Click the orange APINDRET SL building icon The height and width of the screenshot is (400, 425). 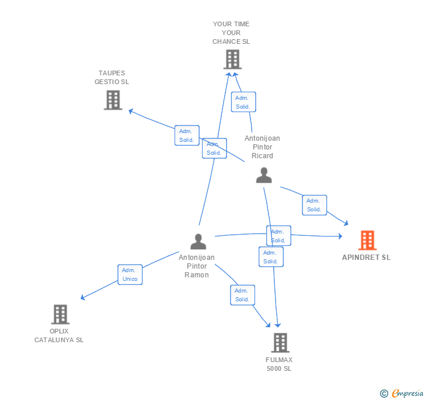click(x=367, y=240)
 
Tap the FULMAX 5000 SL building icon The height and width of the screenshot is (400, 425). click(x=280, y=343)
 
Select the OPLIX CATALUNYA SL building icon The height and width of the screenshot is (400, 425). click(x=60, y=314)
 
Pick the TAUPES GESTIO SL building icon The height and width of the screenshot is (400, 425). click(x=113, y=100)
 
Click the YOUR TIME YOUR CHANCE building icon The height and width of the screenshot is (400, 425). click(x=232, y=59)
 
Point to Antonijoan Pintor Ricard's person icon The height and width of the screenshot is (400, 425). click(x=264, y=175)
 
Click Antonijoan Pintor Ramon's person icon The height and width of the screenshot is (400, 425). click(x=198, y=241)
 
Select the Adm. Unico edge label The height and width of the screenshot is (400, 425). click(x=130, y=274)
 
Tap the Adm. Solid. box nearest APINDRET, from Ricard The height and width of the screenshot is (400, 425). click(x=314, y=205)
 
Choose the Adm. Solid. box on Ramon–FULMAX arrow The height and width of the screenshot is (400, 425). click(x=242, y=295)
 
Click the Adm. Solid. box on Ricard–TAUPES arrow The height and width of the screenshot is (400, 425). click(x=187, y=135)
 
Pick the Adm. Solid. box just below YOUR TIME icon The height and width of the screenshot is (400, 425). click(x=243, y=102)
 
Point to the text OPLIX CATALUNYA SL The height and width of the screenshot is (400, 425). click(x=59, y=335)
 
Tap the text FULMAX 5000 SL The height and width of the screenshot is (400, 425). click(x=279, y=364)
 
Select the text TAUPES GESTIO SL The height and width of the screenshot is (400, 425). click(x=112, y=78)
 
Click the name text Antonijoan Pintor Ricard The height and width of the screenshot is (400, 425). click(x=262, y=147)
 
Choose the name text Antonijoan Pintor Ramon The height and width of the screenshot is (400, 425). click(x=197, y=266)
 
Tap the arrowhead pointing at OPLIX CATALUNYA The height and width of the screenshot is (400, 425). click(x=82, y=298)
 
